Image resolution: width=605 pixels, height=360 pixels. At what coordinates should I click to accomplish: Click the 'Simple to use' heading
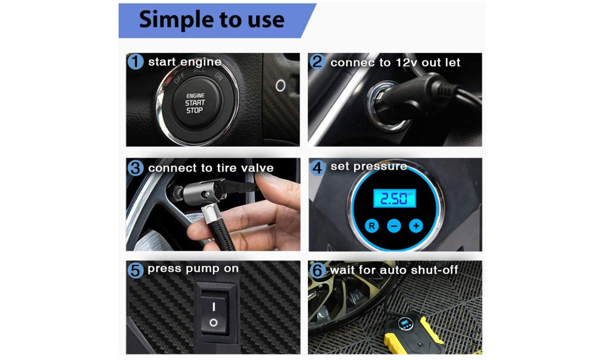pyautogui.click(x=211, y=20)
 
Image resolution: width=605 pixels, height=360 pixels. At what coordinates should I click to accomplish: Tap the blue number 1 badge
pyautogui.click(x=135, y=62)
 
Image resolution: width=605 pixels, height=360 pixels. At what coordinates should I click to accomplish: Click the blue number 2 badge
pyautogui.click(x=317, y=62)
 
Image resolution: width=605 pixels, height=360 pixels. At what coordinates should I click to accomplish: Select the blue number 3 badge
pyautogui.click(x=135, y=168)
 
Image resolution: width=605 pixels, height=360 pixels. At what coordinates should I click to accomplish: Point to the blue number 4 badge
pyautogui.click(x=317, y=168)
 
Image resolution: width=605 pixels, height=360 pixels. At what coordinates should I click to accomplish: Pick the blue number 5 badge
pyautogui.click(x=135, y=270)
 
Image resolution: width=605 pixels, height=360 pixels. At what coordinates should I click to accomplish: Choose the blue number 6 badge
pyautogui.click(x=318, y=270)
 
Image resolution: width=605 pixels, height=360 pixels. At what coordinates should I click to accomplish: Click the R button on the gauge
pyautogui.click(x=372, y=226)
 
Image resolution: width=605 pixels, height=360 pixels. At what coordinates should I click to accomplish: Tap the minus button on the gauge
pyautogui.click(x=394, y=226)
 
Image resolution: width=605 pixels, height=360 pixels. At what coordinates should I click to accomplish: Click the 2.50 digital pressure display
pyautogui.click(x=394, y=198)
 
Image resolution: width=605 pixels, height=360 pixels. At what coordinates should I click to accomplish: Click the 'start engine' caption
pyautogui.click(x=185, y=62)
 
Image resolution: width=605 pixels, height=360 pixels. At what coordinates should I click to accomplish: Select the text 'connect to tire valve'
pyautogui.click(x=211, y=168)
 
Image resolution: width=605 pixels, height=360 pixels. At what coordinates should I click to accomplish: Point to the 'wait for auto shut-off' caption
pyautogui.click(x=394, y=270)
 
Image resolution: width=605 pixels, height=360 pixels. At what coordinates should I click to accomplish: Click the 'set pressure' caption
pyautogui.click(x=368, y=166)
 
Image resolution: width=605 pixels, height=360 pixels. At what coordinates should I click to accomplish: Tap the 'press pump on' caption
pyautogui.click(x=193, y=269)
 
